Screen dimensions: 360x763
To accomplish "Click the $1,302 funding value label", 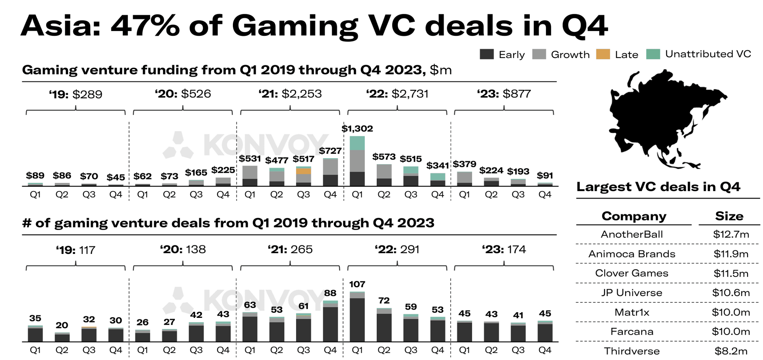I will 357,129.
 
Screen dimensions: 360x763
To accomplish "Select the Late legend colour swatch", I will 603,54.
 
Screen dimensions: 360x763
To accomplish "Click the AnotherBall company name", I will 631,234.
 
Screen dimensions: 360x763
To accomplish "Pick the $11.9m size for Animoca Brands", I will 730,254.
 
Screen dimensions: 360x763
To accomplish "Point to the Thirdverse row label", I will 631,351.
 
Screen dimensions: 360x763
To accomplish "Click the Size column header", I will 729,216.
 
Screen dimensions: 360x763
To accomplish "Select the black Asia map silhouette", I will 656,115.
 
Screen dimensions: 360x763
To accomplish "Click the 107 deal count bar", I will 357,317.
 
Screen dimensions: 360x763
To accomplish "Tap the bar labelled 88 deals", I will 330,321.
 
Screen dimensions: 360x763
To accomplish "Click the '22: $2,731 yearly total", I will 397,94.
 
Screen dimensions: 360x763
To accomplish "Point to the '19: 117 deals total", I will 76,250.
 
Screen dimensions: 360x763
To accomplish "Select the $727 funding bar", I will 330,172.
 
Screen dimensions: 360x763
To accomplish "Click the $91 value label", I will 544,176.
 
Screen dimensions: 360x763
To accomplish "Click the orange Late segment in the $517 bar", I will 304,171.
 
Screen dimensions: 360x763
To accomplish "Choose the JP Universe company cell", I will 631,293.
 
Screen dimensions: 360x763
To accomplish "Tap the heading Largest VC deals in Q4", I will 658,187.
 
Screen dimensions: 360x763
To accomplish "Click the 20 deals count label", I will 62,325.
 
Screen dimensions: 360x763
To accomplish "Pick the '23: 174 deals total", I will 504,250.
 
